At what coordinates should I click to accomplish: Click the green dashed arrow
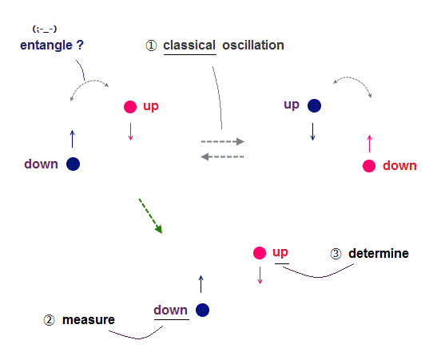[x=150, y=216]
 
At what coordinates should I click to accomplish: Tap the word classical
[x=189, y=45]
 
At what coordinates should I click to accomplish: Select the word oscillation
[x=253, y=45]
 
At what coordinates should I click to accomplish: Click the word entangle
[x=46, y=45]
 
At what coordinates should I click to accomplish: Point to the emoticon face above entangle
[x=45, y=29]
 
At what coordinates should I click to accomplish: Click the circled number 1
[x=151, y=45]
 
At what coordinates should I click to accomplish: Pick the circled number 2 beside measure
[x=50, y=320]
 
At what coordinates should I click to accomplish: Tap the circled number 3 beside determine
[x=336, y=254]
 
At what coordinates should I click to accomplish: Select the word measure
[x=89, y=320]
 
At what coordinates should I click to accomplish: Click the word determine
[x=379, y=253]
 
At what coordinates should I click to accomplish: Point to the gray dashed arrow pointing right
[x=223, y=141]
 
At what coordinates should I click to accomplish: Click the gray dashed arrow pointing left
[x=222, y=157]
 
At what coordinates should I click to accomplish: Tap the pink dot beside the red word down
[x=369, y=166]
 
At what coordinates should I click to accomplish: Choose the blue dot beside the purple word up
[x=315, y=106]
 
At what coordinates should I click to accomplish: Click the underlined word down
[x=170, y=311]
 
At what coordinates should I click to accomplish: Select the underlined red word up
[x=280, y=253]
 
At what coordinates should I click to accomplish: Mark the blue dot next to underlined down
[x=202, y=311]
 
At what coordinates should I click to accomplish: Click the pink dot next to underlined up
[x=260, y=253]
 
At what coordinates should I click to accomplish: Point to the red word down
[x=399, y=166]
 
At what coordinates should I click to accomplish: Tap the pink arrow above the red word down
[x=370, y=144]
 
